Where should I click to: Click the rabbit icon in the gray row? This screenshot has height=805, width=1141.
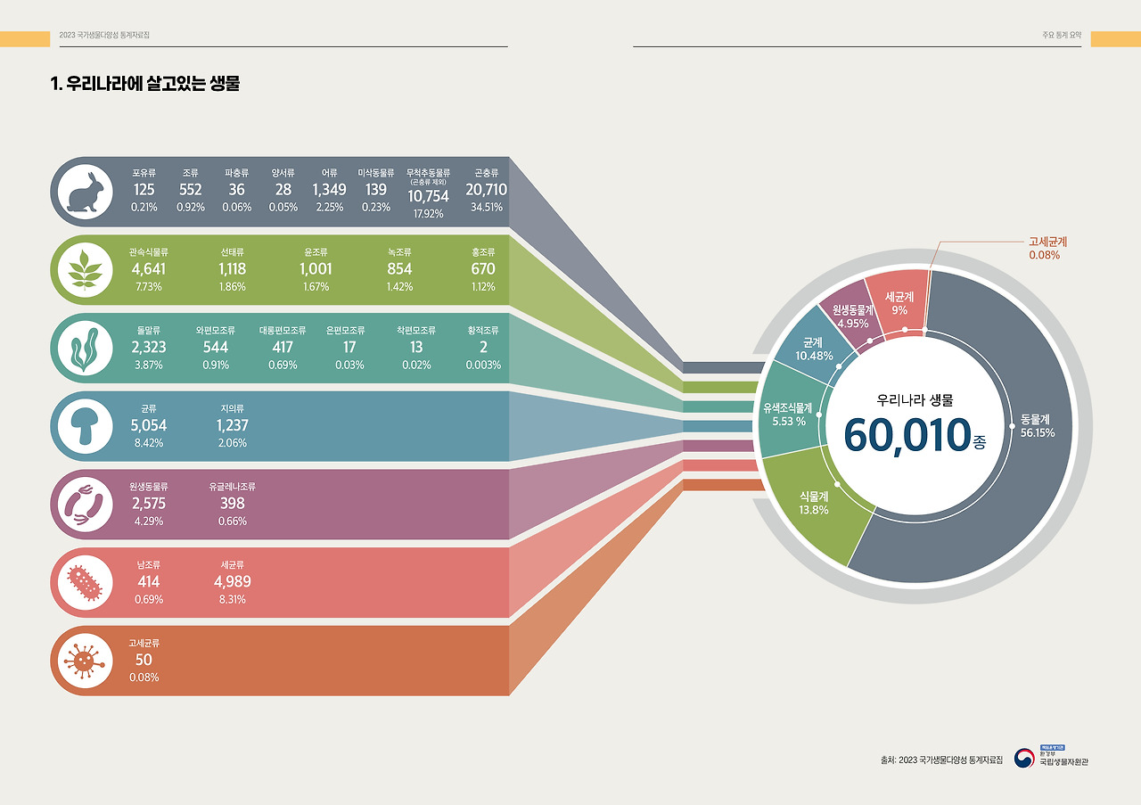[86, 191]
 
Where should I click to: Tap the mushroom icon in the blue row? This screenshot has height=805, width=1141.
[86, 426]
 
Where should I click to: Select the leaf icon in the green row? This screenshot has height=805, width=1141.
[86, 269]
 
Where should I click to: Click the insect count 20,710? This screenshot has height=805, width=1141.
[486, 190]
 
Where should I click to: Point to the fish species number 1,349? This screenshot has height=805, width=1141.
[329, 190]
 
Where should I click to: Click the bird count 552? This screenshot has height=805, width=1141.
[190, 190]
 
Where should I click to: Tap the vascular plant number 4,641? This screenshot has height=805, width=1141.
[148, 268]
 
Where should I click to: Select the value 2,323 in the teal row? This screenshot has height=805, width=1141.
[148, 347]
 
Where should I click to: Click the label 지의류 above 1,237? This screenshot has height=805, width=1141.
[232, 408]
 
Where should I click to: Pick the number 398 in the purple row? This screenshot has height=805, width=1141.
[232, 504]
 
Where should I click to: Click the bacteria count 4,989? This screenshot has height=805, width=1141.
[232, 582]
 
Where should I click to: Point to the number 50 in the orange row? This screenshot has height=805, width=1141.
[144, 660]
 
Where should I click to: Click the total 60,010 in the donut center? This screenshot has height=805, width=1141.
[907, 434]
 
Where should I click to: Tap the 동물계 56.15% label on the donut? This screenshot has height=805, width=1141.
[1038, 425]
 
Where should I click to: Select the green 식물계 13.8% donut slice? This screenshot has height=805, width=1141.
[814, 504]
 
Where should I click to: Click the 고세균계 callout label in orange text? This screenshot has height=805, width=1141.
[1047, 242]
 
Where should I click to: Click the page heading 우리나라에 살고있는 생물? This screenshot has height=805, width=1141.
[146, 85]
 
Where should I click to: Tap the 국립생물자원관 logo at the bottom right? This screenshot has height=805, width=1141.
[1063, 757]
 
